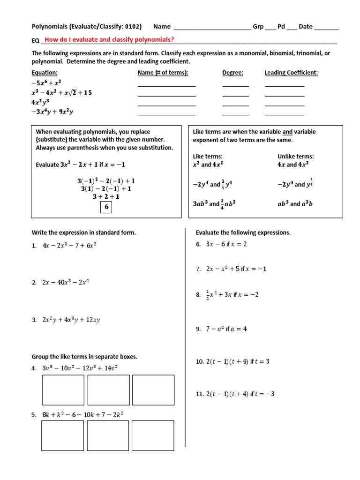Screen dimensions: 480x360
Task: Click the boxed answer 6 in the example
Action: [106, 207]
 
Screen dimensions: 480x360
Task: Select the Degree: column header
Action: [232, 73]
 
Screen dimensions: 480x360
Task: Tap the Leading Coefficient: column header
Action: [291, 73]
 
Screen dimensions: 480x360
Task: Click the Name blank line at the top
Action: [212, 27]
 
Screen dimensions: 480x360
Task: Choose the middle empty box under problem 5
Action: [108, 435]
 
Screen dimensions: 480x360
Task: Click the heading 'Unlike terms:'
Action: [295, 157]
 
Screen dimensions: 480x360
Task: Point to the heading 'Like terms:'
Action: [208, 157]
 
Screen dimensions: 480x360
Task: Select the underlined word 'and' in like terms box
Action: [287, 132]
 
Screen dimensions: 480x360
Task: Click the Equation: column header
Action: [45, 73]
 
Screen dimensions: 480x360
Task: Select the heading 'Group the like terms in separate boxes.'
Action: [84, 357]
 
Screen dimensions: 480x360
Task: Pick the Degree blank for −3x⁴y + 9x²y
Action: [235, 112]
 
